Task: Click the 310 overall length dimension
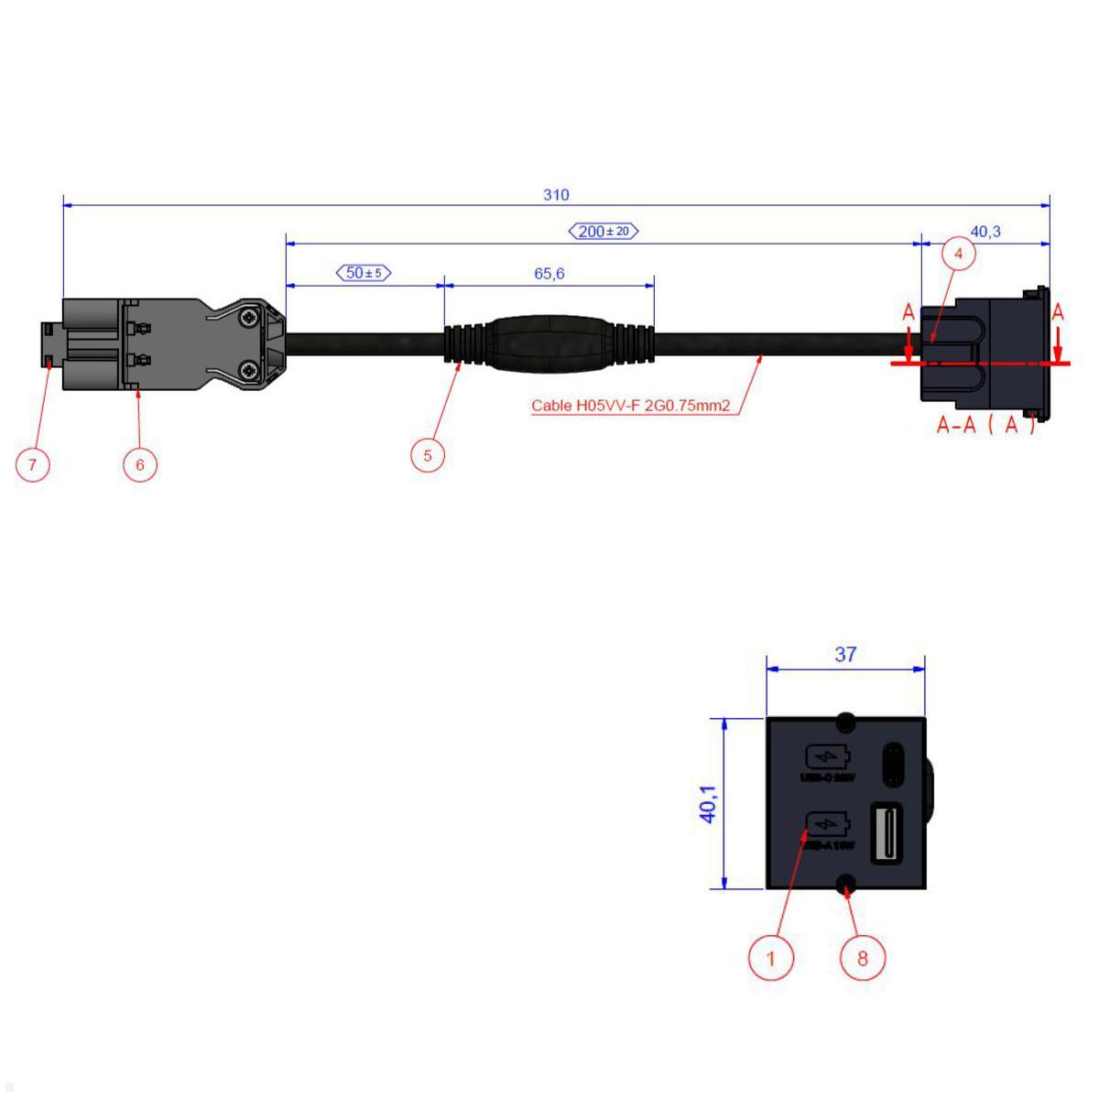[556, 195]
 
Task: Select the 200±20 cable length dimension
[604, 231]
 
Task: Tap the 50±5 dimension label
[365, 273]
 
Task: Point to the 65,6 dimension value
[549, 273]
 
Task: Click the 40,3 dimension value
[985, 232]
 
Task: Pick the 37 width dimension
[845, 654]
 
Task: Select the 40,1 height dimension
[708, 803]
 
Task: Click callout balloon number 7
[33, 464]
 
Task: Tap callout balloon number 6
[140, 464]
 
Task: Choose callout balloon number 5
[428, 454]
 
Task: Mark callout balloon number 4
[959, 254]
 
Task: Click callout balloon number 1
[770, 958]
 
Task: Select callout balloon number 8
[862, 958]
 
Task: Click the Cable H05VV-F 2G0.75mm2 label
[631, 406]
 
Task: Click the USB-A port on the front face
[887, 832]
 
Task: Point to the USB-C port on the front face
[892, 764]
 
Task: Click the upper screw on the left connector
[249, 318]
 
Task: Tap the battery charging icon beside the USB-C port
[827, 757]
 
